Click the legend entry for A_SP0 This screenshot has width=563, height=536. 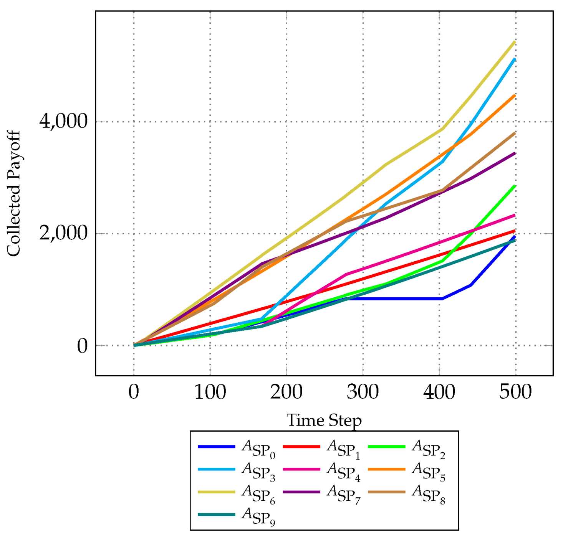pyautogui.click(x=258, y=449)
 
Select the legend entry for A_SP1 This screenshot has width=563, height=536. pyautogui.click(x=343, y=449)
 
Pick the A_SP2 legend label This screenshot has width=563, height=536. pyautogui.click(x=428, y=449)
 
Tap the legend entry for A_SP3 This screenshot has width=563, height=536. pyautogui.click(x=258, y=471)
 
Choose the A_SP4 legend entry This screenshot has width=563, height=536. pyautogui.click(x=343, y=471)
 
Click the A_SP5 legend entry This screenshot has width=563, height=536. pyautogui.click(x=428, y=471)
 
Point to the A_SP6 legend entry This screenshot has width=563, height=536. pyautogui.click(x=258, y=494)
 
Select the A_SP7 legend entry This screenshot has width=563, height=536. pyautogui.click(x=343, y=494)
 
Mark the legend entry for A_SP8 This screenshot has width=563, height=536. pyautogui.click(x=428, y=494)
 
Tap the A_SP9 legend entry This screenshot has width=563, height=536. pyautogui.click(x=258, y=516)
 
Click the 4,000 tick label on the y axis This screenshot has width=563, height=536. pyautogui.click(x=63, y=122)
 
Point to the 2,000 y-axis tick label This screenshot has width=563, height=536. pyautogui.click(x=63, y=234)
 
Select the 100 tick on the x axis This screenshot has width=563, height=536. pyautogui.click(x=210, y=392)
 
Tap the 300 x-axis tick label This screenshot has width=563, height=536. pyautogui.click(x=363, y=392)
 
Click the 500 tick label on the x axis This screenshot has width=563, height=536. pyautogui.click(x=515, y=392)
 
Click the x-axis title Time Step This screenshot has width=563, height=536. pyautogui.click(x=324, y=420)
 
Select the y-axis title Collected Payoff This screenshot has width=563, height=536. pyautogui.click(x=14, y=194)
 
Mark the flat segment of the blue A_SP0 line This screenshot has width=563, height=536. pyautogui.click(x=396, y=299)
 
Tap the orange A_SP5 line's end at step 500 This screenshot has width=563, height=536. pyautogui.click(x=515, y=95)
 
